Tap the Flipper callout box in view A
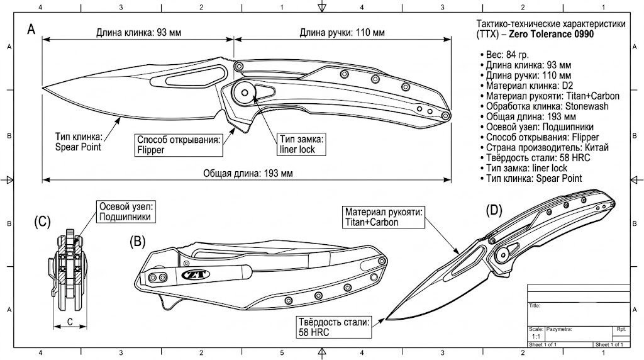[179, 145]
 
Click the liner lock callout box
[301, 144]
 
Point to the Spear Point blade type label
[78, 142]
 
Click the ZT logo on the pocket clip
[196, 274]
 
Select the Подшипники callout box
[126, 211]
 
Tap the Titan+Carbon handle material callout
[384, 217]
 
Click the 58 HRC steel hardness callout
[333, 327]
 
